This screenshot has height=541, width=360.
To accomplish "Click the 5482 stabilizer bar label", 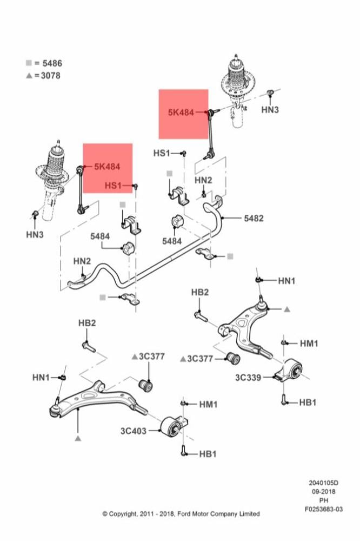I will tap(254, 219).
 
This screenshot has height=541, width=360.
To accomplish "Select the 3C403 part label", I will tap(134, 431).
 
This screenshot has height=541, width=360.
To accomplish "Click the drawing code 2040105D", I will tap(324, 483).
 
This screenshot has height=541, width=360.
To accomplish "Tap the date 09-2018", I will tap(324, 491).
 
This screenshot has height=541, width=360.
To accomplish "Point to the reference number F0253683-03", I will tap(323, 509).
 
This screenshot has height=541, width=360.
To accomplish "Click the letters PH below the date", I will tap(324, 500).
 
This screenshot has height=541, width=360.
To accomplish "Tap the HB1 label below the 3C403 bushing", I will tap(208, 454).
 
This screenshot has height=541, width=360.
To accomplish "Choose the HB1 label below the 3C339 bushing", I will tap(308, 403).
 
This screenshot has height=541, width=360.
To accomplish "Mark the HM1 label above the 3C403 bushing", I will tap(208, 404).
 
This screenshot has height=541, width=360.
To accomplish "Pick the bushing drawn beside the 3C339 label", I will tap(292, 371).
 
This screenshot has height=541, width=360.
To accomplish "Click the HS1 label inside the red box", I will tap(114, 186).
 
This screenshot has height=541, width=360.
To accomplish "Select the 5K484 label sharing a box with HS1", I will tap(107, 167).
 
